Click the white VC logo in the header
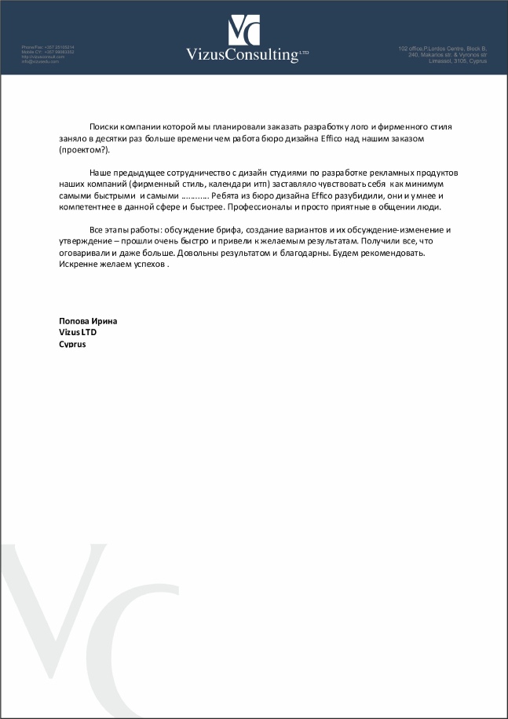(244, 30)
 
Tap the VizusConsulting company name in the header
(242, 54)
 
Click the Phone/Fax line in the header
(48, 47)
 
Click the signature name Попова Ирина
(88, 320)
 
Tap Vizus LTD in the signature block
(78, 332)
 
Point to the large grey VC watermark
(71, 620)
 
